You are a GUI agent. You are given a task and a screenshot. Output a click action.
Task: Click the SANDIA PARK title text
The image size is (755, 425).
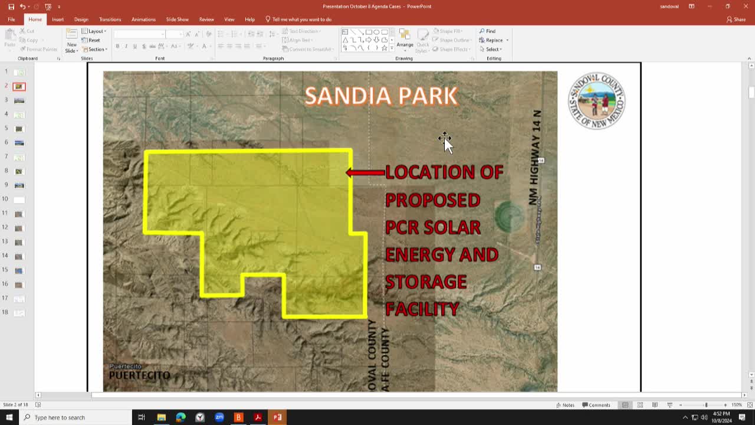pos(381,96)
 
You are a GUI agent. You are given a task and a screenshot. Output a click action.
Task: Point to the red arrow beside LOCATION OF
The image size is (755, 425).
pos(365,172)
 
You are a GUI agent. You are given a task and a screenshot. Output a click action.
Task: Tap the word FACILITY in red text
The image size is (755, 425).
pos(422,309)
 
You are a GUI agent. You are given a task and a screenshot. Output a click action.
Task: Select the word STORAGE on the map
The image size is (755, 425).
pos(426,282)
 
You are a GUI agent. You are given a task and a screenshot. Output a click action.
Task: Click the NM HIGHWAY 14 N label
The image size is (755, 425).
pos(535,158)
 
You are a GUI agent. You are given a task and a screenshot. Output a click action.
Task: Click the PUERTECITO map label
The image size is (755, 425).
pos(139,375)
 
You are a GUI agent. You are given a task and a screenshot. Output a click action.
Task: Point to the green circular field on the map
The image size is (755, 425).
pos(508,215)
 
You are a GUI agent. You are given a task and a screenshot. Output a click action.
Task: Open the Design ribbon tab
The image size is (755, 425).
pos(81,19)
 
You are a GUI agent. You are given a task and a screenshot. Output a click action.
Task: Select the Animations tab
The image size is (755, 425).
pos(143,19)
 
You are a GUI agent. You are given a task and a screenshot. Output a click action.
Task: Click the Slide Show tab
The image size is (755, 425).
pos(177,19)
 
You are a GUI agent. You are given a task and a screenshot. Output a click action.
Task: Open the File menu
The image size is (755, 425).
pos(11,19)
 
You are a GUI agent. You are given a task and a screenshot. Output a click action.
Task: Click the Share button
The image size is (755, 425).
pos(736,19)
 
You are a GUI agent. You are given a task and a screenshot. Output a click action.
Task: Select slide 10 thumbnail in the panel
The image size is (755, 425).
pos(19,200)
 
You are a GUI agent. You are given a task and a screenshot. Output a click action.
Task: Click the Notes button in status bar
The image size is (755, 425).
pos(565,405)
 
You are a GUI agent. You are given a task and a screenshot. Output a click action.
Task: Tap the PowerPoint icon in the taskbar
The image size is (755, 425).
pos(277,417)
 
